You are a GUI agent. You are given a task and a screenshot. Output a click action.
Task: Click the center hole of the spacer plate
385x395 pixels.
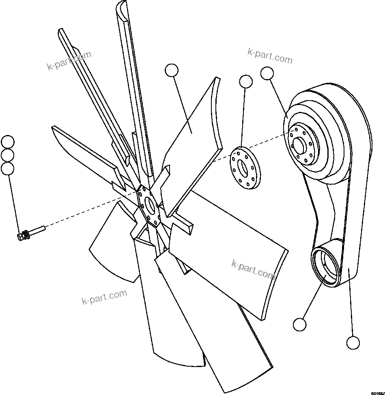243,166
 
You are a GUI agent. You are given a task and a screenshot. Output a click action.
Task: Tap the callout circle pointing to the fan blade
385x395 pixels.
172,70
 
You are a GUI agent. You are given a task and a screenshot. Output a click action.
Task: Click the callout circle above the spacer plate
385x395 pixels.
246,82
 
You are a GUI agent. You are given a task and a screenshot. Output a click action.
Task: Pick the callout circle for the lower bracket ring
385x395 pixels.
299,324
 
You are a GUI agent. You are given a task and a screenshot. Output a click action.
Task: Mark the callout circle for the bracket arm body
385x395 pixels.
353,342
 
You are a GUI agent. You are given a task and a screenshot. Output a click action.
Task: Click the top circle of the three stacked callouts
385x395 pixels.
8,142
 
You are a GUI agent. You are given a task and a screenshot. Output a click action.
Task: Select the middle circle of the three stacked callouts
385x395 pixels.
8,155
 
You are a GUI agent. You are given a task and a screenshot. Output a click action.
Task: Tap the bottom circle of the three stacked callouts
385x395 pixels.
8,168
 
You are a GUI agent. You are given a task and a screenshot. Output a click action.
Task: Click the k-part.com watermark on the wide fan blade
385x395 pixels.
253,269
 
